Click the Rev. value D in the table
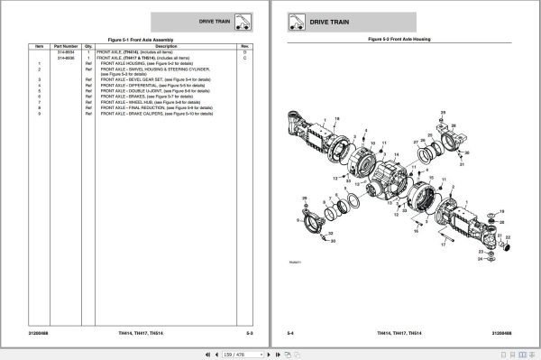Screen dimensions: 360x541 click(243, 52)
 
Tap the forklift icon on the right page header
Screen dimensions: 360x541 click(295, 19)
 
